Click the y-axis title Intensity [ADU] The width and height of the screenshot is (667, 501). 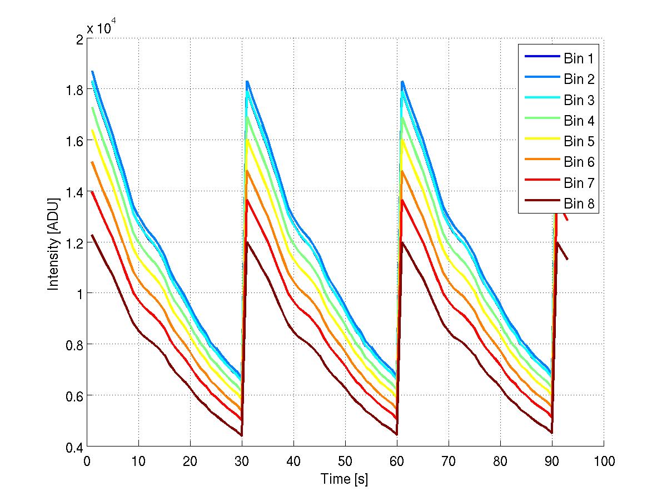pos(53,242)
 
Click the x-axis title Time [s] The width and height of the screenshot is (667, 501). pos(345,479)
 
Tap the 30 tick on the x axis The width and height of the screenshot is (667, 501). pos(242,461)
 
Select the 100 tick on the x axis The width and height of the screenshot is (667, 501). pos(604,461)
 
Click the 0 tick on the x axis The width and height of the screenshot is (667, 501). pos(87,461)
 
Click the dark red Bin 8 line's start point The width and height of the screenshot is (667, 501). pos(92,235)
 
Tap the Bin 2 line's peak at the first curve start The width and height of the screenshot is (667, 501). pos(92,71)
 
